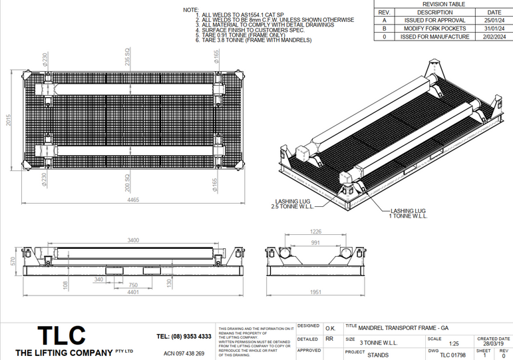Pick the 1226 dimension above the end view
click(316, 232)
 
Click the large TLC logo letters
click(61, 335)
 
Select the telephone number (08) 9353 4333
click(184, 337)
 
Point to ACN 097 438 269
click(184, 353)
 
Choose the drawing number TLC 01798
click(452, 355)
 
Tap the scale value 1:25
click(454, 343)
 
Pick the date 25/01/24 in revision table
click(494, 21)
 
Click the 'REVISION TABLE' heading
click(444, 4)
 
